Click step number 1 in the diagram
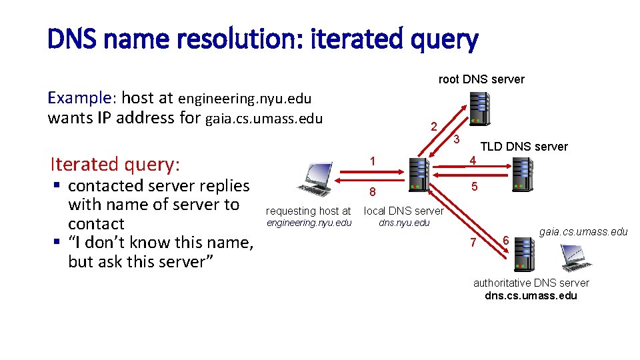pyautogui.click(x=373, y=161)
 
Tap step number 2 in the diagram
pyautogui.click(x=434, y=127)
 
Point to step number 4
pyautogui.click(x=472, y=161)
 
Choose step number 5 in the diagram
pyautogui.click(x=474, y=187)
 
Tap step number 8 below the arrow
pyautogui.click(x=373, y=193)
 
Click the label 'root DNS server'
pyautogui.click(x=481, y=79)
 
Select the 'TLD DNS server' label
pyautogui.click(x=524, y=147)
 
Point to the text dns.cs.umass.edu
pyautogui.click(x=531, y=295)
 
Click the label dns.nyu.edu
pyautogui.click(x=404, y=223)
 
